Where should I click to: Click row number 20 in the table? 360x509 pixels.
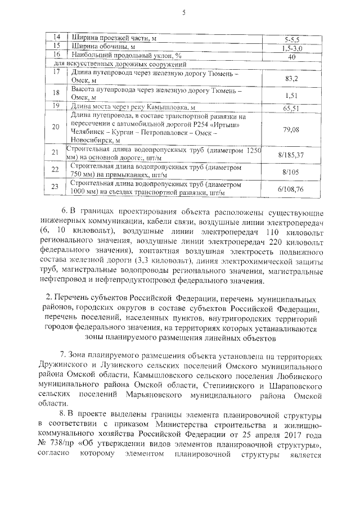[55, 127]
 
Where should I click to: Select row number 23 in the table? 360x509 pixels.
[55, 187]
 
